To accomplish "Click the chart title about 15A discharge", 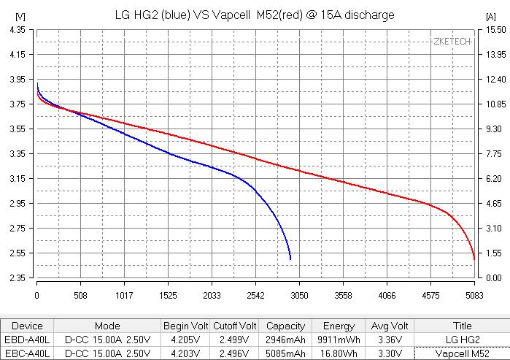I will pyautogui.click(x=255, y=15).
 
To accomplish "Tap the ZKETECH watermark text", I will pyautogui.click(x=452, y=42).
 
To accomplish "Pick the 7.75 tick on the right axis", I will pyautogui.click(x=492, y=153).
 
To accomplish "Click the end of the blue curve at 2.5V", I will pyautogui.click(x=290, y=259).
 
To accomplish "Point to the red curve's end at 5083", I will pyautogui.click(x=474, y=259).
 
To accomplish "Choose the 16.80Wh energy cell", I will pyautogui.click(x=339, y=353).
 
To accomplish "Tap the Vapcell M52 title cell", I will pyautogui.click(x=462, y=353).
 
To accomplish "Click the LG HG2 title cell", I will pyautogui.click(x=462, y=340).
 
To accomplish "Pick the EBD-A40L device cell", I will pyautogui.click(x=28, y=340).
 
